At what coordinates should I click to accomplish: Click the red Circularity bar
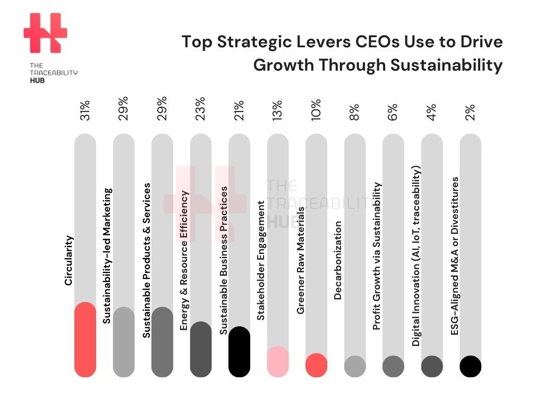coord(85,340)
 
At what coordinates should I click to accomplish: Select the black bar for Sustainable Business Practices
coord(239,352)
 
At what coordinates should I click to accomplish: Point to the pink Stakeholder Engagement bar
coord(278,362)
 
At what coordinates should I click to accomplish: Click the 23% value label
coord(200,109)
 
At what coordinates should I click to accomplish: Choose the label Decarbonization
coord(338,261)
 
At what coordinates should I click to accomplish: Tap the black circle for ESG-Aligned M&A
coord(470,366)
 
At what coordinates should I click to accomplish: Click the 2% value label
coord(470,112)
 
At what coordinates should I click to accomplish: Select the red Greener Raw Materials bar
coord(316,365)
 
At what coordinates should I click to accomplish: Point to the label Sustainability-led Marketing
coord(107,256)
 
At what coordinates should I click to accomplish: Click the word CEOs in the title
coord(357,42)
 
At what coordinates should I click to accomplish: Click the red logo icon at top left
coord(45,33)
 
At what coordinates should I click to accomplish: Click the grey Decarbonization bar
coord(355,366)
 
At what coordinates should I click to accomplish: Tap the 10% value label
coord(316,109)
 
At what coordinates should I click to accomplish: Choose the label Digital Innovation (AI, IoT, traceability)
coord(416,257)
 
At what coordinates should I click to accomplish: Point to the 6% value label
coord(393,112)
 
